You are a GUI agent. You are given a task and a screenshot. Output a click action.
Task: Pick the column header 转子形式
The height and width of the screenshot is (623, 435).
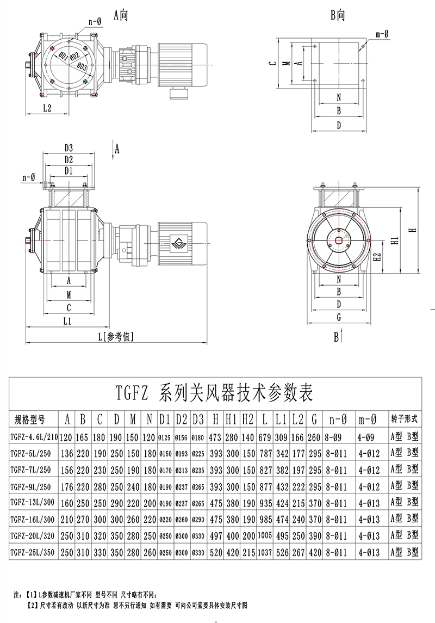[x=405, y=419]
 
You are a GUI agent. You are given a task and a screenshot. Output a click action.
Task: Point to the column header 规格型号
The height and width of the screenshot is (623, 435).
[x=29, y=420]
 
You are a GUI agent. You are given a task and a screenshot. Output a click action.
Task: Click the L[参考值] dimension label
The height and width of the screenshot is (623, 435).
[x=117, y=336]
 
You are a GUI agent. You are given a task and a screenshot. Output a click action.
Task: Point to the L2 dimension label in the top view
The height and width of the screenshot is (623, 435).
[x=47, y=108]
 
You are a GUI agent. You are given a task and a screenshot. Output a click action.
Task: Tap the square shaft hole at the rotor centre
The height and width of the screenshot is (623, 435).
[x=339, y=240]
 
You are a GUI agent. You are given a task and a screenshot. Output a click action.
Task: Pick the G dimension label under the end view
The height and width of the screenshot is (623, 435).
[x=339, y=317]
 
